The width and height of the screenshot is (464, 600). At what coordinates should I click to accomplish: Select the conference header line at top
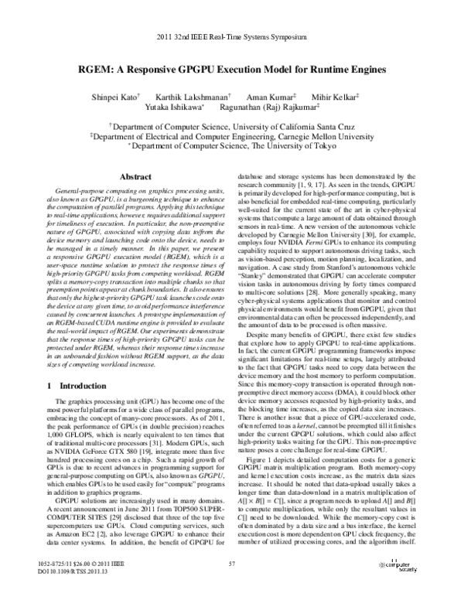pos(231,37)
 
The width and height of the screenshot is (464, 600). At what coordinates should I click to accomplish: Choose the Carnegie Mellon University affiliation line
pos(232,135)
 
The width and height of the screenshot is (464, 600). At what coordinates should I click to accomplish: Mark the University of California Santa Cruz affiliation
pos(232,124)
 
